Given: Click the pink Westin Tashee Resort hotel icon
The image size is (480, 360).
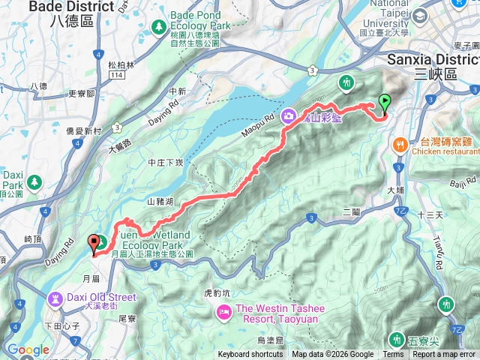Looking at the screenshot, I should (x=223, y=311).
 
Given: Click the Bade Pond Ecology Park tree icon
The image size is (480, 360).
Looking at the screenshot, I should (x=158, y=27).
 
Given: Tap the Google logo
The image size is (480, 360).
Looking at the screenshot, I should (x=28, y=349).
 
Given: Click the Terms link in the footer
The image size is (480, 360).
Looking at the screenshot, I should (x=393, y=355).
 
